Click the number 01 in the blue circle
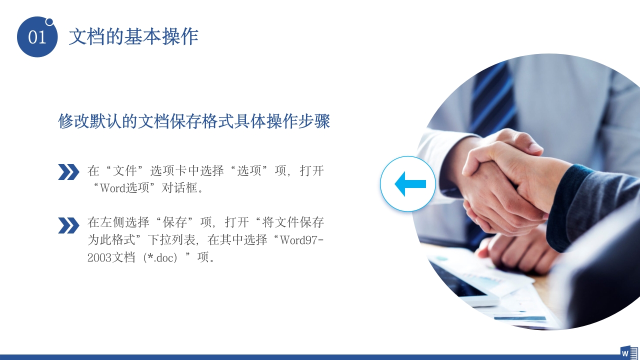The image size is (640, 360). coord(37,37)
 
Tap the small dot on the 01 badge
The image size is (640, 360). coord(49,21)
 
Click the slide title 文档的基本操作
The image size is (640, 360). coord(133,36)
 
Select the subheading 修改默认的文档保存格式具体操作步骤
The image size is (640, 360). coord(194,121)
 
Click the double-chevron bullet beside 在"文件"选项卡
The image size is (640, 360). coord(68,171)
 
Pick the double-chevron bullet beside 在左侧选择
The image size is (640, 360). coord(68,225)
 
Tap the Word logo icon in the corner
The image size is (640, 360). coord(628,352)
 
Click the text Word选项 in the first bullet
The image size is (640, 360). coord(124,189)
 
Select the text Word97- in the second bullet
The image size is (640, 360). coord(301,239)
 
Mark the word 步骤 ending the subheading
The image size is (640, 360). coord(314,121)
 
